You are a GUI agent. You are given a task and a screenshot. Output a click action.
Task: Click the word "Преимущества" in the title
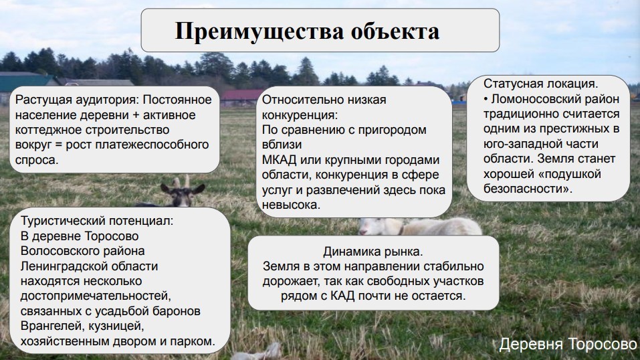259,31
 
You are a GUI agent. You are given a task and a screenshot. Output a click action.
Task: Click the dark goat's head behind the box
183,191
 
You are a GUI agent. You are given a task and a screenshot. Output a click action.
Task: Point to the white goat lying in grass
421,226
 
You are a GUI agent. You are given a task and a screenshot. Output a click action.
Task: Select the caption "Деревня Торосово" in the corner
568,344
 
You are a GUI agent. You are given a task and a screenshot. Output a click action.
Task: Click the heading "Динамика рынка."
373,252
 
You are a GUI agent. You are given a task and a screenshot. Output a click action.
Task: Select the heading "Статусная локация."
541,84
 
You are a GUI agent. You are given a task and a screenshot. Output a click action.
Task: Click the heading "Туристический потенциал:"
97,221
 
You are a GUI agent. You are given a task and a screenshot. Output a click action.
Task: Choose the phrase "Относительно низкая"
324,100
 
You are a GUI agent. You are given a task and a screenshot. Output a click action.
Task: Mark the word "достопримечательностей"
96,296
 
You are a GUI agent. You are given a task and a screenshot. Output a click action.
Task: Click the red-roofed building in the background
241,98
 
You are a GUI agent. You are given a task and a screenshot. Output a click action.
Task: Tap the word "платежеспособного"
152,145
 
